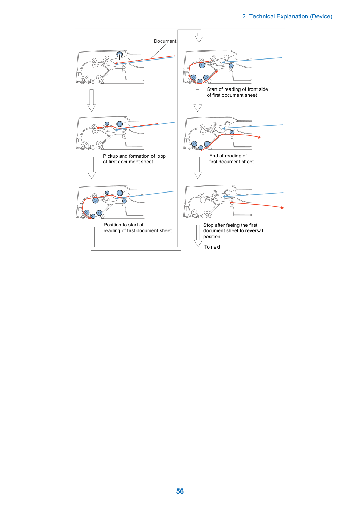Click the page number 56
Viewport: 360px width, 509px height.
pyautogui.click(x=180, y=491)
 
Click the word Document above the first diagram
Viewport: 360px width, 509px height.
pyautogui.click(x=165, y=41)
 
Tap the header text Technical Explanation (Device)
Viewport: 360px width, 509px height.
pyautogui.click(x=291, y=17)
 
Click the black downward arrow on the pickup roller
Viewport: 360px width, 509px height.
pyautogui.click(x=119, y=57)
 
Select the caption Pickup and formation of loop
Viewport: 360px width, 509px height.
pyautogui.click(x=134, y=156)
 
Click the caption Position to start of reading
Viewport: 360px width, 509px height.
pyautogui.click(x=138, y=227)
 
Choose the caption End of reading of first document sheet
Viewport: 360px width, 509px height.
pyautogui.click(x=232, y=159)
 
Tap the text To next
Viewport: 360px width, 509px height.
pyautogui.click(x=212, y=247)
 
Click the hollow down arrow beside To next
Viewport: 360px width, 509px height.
pyautogui.click(x=198, y=236)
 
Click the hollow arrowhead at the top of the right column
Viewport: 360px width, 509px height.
pyautogui.click(x=199, y=39)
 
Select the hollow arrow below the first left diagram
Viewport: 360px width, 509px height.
pyautogui.click(x=92, y=100)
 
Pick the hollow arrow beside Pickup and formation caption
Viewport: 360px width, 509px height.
pyautogui.click(x=92, y=168)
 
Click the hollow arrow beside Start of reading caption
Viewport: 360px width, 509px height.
pyautogui.click(x=198, y=100)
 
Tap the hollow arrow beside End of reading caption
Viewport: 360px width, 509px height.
pyautogui.click(x=198, y=168)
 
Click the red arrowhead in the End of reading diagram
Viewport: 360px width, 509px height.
pyautogui.click(x=259, y=137)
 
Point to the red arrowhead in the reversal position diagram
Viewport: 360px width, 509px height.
pyautogui.click(x=282, y=207)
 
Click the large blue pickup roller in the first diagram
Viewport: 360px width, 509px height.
pyautogui.click(x=119, y=54)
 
